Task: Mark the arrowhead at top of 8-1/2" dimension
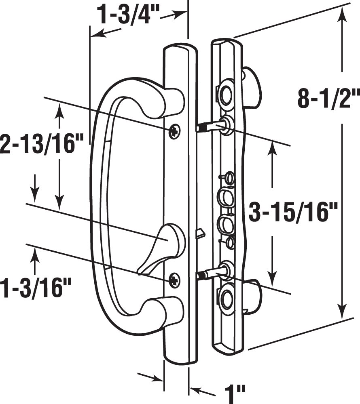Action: click(343, 14)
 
